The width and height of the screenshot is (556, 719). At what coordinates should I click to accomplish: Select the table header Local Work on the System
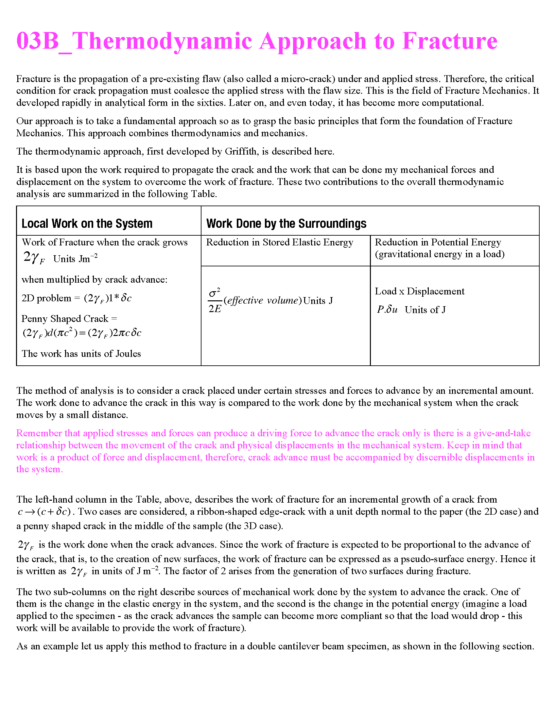click(x=87, y=224)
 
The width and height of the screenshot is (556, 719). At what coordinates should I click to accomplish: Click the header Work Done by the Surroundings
click(x=286, y=224)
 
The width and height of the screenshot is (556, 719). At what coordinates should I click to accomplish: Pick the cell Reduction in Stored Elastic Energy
click(x=279, y=242)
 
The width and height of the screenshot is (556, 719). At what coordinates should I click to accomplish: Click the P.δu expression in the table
click(x=387, y=309)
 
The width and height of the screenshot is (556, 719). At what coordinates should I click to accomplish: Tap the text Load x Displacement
click(x=419, y=291)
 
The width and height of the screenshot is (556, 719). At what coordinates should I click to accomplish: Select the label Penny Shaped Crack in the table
click(x=65, y=319)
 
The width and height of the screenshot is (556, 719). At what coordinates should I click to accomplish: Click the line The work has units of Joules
click(x=81, y=354)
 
